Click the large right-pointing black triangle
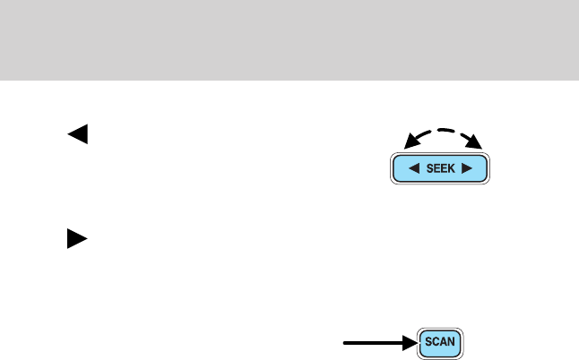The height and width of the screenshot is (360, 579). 77,239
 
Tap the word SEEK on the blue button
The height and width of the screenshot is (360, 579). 440,167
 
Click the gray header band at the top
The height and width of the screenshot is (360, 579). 289,39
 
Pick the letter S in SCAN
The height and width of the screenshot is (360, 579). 428,342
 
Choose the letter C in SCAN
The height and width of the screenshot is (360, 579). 436,342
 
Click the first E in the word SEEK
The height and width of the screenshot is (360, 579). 436,167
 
